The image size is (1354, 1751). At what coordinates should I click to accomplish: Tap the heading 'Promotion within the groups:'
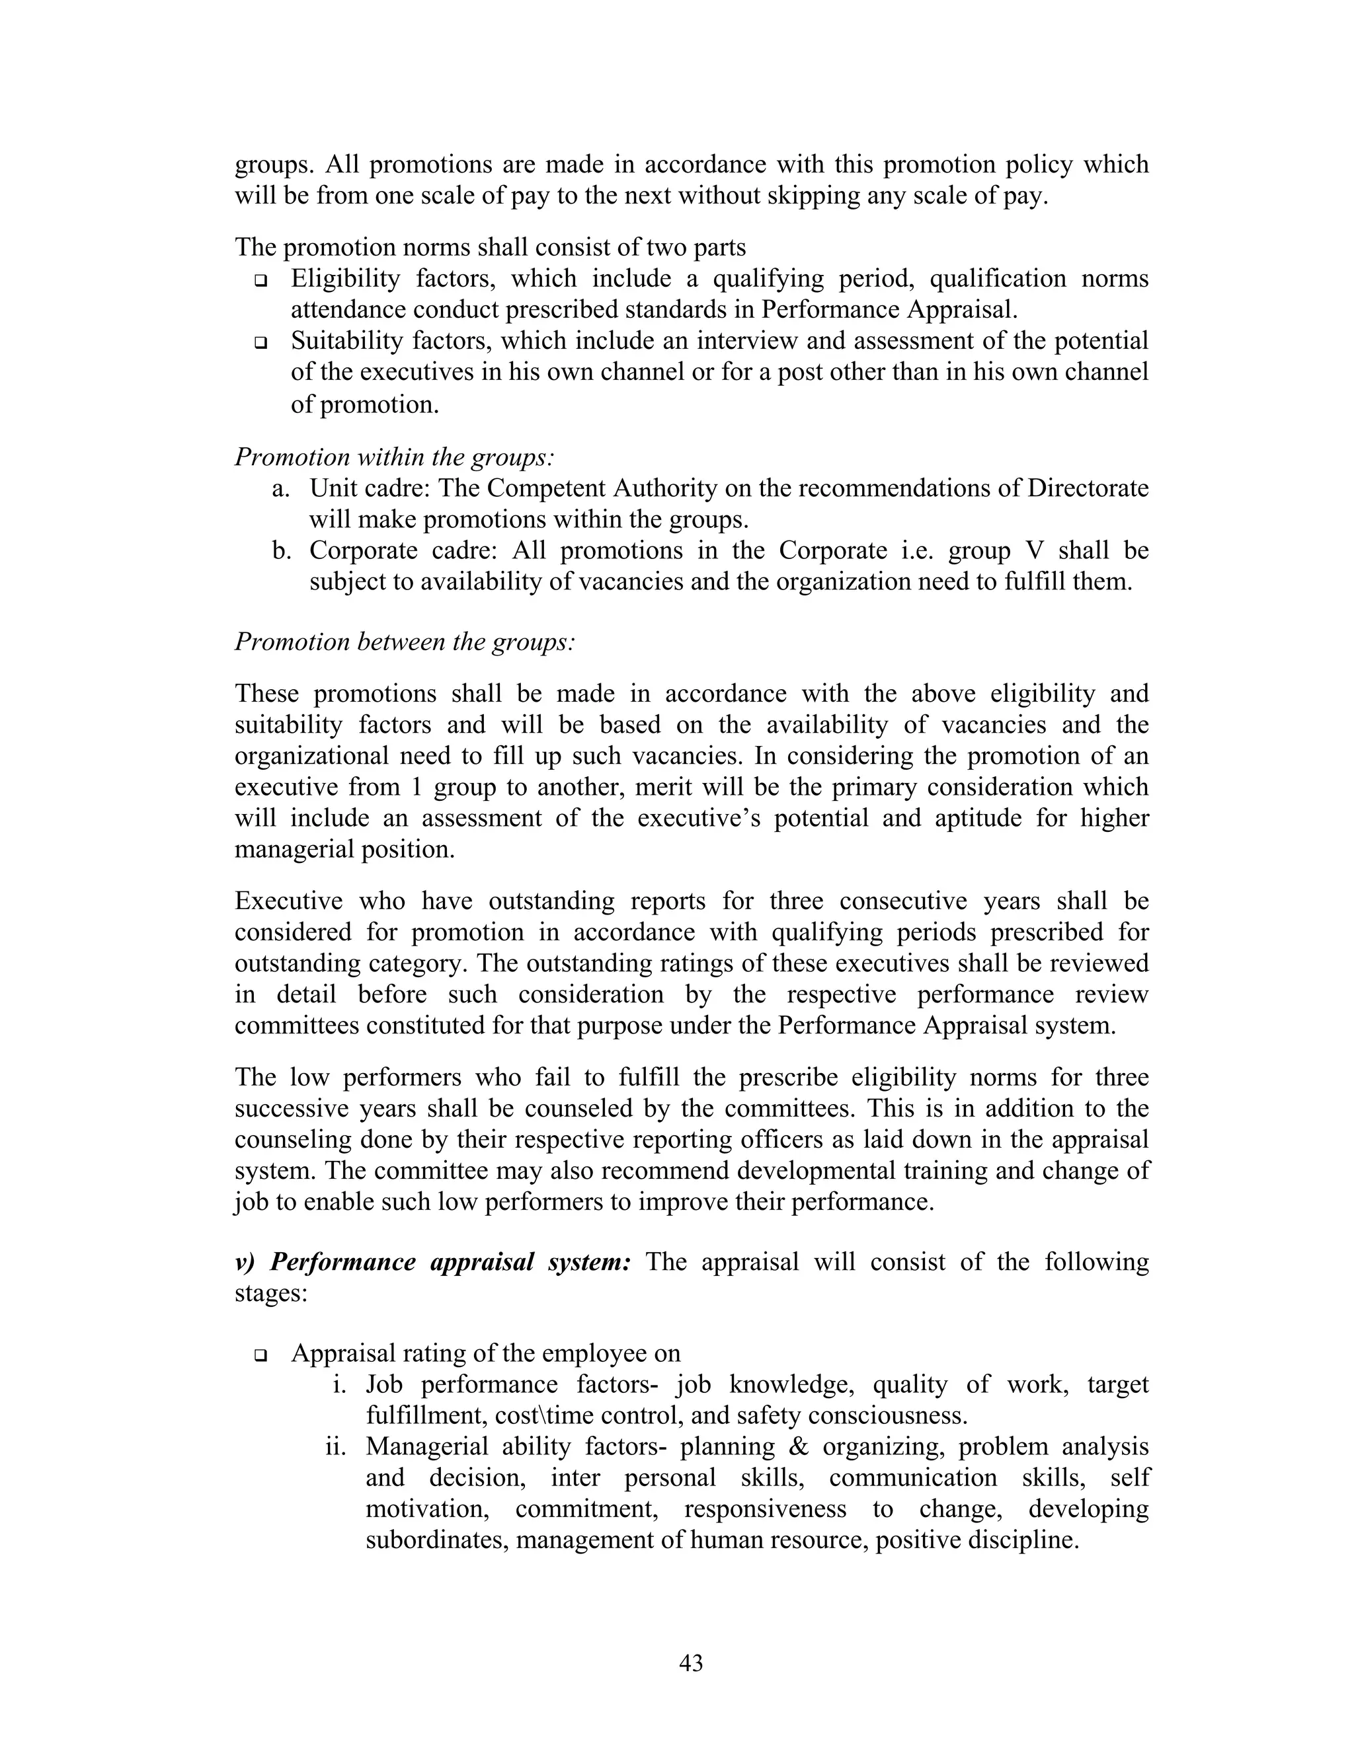coord(394,457)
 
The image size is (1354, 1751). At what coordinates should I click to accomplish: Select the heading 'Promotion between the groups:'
coord(404,642)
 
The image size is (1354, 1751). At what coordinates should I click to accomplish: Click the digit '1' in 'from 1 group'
coord(415,788)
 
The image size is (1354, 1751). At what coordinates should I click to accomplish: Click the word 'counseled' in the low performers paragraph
coord(580,1109)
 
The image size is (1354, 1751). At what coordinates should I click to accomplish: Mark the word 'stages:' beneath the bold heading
coord(271,1294)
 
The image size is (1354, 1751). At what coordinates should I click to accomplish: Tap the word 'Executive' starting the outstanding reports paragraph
coord(288,901)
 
